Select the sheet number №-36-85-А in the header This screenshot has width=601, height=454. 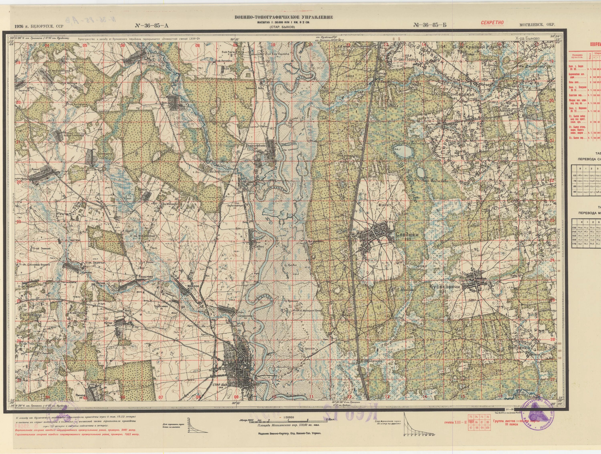coord(151,26)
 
